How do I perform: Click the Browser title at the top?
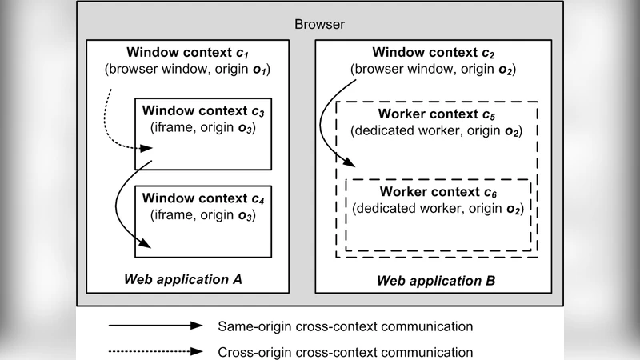tap(320, 24)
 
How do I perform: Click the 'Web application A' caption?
tap(182, 280)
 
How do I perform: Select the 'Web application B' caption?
tap(436, 281)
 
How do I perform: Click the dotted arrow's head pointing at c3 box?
tap(148, 148)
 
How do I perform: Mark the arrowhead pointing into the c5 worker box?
tap(349, 164)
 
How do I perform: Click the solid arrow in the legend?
tap(156, 326)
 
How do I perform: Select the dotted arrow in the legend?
tap(156, 351)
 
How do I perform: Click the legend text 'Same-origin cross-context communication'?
tap(346, 326)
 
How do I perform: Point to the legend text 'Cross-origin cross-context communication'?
tap(346, 351)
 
